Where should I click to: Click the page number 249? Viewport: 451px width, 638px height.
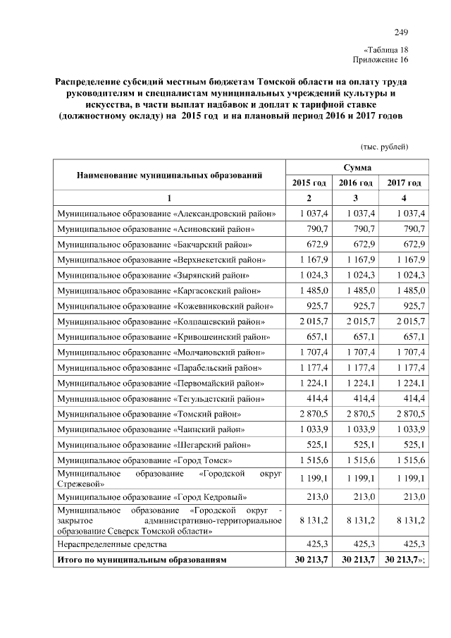pos(401,32)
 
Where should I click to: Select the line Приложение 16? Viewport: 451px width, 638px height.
pos(381,60)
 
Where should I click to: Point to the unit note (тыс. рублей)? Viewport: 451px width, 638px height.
pos(384,147)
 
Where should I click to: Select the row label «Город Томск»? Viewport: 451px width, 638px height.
pos(145,459)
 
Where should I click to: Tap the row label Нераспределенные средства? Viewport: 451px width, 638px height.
pos(112,544)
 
